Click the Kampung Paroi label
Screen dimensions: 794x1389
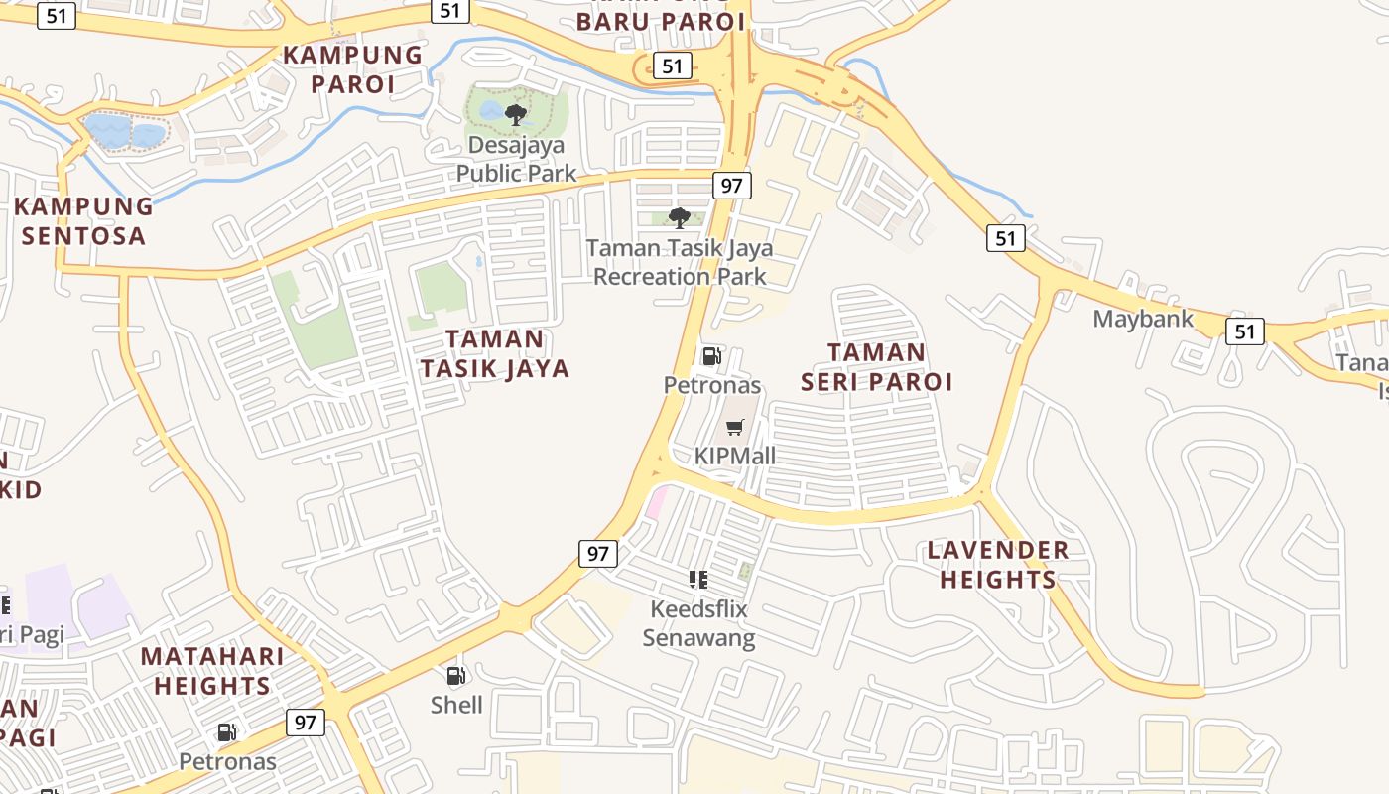(x=352, y=68)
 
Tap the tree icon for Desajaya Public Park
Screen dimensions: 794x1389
(x=515, y=115)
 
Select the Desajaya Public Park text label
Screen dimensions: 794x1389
(x=516, y=159)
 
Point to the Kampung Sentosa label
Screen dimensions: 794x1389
(x=84, y=220)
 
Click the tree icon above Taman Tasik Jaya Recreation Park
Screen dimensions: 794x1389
(x=680, y=217)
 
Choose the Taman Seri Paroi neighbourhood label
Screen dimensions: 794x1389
(x=876, y=366)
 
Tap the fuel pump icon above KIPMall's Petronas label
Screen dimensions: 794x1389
(x=711, y=356)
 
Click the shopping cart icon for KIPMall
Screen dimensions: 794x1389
(x=734, y=428)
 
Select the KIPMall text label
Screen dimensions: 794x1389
(x=734, y=457)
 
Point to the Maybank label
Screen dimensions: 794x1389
(x=1141, y=319)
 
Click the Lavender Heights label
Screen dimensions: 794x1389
(x=998, y=564)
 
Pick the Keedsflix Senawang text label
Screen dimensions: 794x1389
(x=698, y=623)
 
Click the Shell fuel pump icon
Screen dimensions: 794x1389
(x=456, y=677)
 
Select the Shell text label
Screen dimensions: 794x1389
(x=456, y=705)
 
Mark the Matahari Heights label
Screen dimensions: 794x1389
(x=211, y=670)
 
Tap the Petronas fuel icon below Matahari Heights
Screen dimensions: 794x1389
(x=227, y=733)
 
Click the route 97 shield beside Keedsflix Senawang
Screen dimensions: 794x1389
(x=597, y=554)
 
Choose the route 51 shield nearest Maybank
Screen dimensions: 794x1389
(x=1244, y=331)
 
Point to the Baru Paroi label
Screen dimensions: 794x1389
(x=660, y=21)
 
